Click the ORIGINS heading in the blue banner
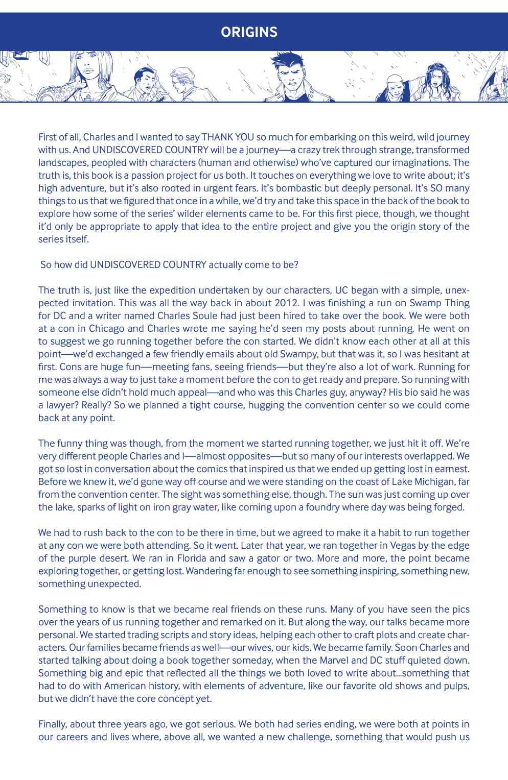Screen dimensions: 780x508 click(x=249, y=32)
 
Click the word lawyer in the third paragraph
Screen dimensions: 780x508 click(x=55, y=405)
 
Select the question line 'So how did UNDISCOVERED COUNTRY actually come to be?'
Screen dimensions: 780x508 click(x=169, y=264)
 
